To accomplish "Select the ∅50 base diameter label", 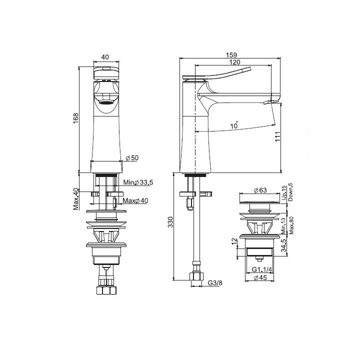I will pos(132,157).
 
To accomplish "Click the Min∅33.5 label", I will pos(137,182).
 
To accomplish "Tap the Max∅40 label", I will pos(134,201).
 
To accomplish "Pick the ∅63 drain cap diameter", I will pos(259,190).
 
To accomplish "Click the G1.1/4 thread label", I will pos(261,270).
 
